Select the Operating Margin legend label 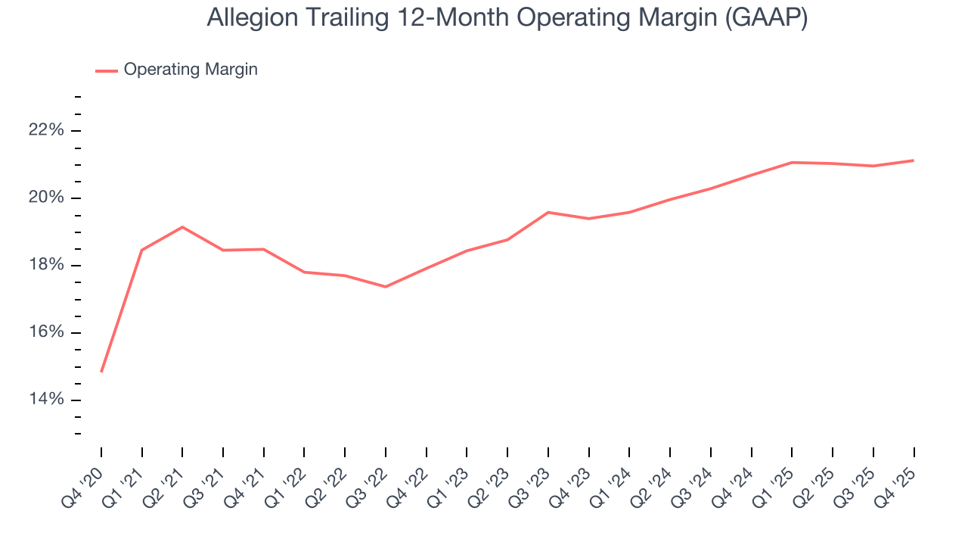pos(191,70)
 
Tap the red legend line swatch pos(106,70)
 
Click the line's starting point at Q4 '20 pos(101,372)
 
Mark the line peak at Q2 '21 pos(182,227)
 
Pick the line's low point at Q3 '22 pos(386,287)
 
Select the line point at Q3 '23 pos(548,212)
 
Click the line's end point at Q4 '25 pos(914,160)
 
